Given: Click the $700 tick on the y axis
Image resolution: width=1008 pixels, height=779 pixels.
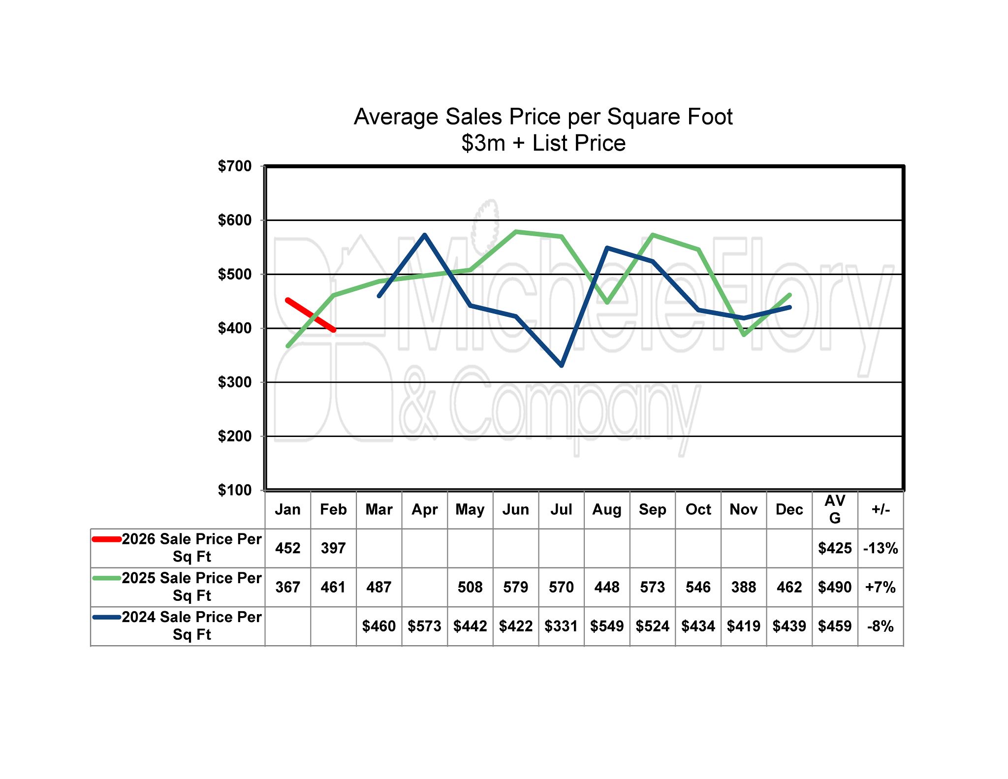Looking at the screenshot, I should [235, 166].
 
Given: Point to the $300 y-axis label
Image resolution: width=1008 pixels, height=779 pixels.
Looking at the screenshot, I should [235, 382].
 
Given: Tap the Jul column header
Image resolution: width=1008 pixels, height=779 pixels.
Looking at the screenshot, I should [561, 509].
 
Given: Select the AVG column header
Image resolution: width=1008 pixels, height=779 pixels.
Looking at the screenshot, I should [835, 509].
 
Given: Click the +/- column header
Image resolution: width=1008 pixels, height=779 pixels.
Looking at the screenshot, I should [881, 509].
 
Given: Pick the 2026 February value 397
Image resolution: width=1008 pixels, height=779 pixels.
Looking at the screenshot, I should [333, 548].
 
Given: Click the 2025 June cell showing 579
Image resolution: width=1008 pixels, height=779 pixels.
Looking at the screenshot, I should [515, 587].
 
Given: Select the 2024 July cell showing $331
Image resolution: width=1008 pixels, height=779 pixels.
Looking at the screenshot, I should [561, 626].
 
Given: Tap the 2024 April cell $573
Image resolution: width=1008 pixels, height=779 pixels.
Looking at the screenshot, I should [424, 626].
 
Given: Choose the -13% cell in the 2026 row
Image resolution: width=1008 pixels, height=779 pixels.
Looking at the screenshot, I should [881, 548].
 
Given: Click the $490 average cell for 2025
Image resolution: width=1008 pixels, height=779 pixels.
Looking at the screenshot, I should [835, 587].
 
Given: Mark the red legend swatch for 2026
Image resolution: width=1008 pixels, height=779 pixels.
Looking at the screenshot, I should [107, 539].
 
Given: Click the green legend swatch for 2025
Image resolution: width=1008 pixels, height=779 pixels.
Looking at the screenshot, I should [107, 578].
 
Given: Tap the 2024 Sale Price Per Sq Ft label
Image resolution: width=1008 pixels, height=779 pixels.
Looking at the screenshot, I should [191, 625].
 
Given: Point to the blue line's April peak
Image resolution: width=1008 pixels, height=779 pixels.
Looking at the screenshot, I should [424, 235].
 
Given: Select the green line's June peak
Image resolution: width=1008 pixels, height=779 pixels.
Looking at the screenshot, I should [515, 231].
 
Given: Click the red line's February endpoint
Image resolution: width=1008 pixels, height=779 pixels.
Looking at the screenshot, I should [334, 330].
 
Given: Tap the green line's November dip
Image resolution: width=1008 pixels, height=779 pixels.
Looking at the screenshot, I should [744, 335].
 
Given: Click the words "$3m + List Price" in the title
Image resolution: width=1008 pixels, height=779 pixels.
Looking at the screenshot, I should [543, 143].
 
